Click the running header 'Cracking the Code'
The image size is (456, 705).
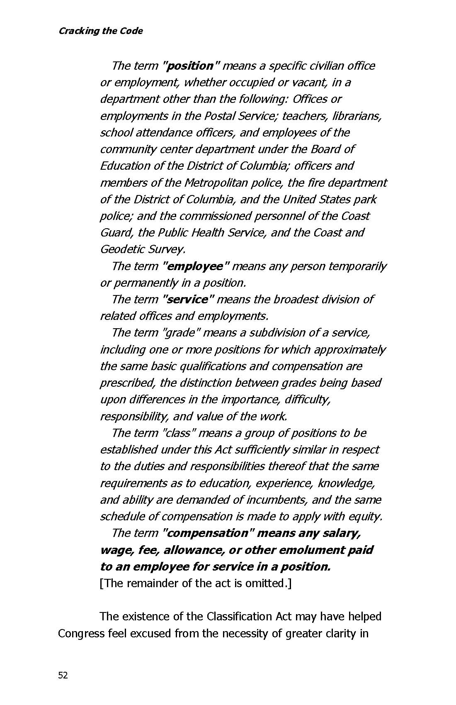tap(100, 31)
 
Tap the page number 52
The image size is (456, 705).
tap(63, 676)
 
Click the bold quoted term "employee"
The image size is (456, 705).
tap(196, 266)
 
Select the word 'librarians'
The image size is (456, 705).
tap(357, 116)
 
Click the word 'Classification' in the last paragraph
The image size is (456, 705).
tap(239, 616)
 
